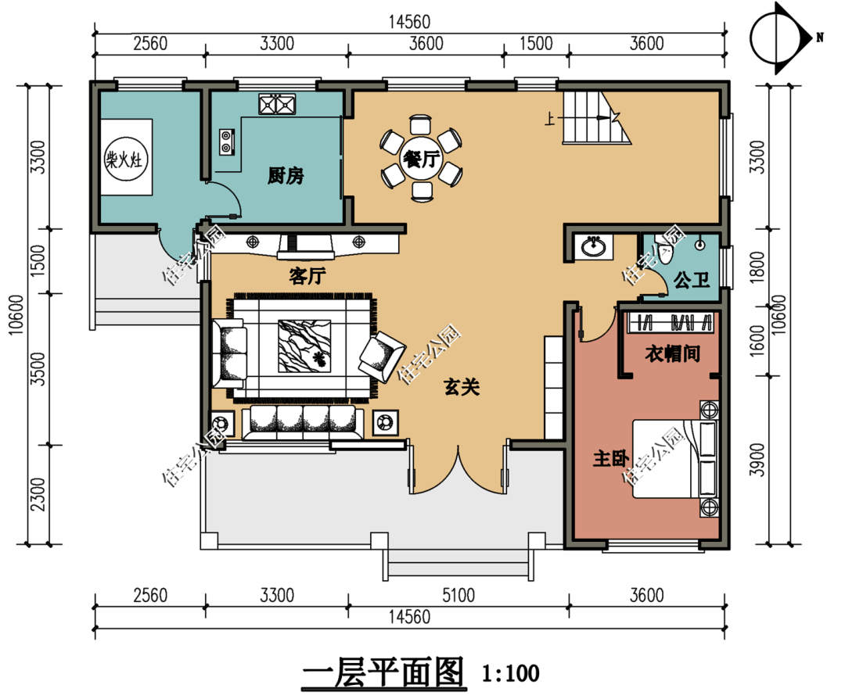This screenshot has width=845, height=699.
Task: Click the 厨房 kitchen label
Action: tap(286, 176)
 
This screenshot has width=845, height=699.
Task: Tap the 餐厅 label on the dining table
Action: tap(422, 159)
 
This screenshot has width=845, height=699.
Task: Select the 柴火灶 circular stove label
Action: tap(125, 159)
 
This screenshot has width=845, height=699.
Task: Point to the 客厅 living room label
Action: tap(307, 276)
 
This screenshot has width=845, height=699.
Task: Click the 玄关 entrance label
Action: tap(462, 387)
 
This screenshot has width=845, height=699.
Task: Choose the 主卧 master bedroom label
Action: tap(610, 459)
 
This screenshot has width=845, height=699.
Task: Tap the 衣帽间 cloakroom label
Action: tap(673, 354)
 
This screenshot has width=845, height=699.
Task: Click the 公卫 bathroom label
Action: tap(692, 279)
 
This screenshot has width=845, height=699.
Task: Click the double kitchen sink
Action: tap(277, 104)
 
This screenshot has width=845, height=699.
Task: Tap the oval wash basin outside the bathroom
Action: tap(593, 246)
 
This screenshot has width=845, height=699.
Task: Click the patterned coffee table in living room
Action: tap(304, 346)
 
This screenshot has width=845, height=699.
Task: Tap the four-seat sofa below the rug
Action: tap(302, 423)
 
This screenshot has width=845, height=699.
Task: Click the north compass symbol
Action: tap(781, 38)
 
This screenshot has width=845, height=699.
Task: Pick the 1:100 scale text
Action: tap(510, 673)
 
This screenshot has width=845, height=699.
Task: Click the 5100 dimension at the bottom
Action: tap(458, 595)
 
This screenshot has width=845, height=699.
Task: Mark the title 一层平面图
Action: tap(383, 672)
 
